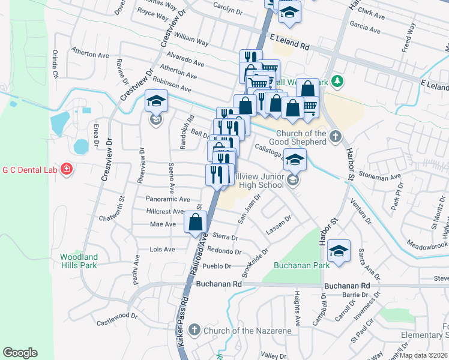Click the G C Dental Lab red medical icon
point(65,170)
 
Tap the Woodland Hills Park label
point(79,261)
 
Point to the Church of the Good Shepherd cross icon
point(335,137)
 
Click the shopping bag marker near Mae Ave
point(197,222)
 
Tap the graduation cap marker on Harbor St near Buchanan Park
point(339,252)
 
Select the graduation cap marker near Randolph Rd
point(156,101)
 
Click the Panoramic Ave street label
point(167,199)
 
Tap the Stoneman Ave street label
point(379,177)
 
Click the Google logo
point(20,353)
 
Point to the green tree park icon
point(337,81)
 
